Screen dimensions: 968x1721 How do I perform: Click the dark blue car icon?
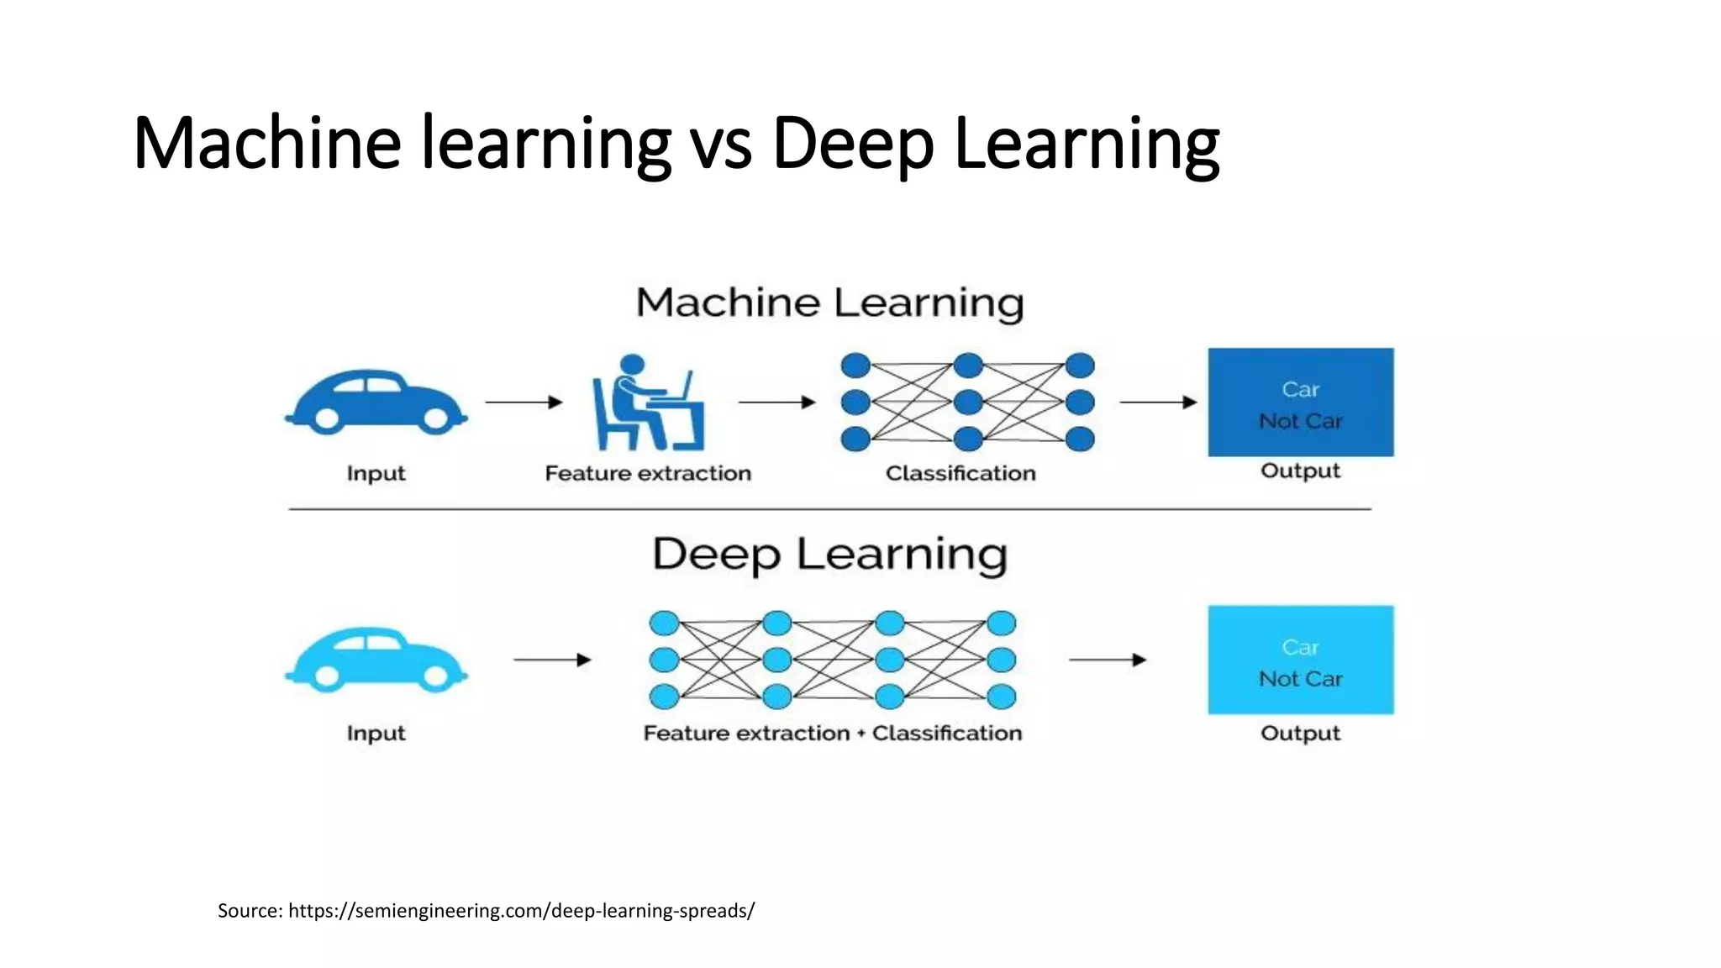click(376, 402)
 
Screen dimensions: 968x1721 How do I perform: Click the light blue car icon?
click(376, 660)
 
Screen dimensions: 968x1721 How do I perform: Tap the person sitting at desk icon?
click(647, 403)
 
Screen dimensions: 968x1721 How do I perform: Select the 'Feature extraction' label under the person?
click(648, 473)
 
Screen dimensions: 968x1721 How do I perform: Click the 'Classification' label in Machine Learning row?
click(960, 473)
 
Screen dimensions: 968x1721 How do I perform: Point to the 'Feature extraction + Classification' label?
click(832, 733)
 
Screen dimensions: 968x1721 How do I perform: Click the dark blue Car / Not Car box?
click(1300, 402)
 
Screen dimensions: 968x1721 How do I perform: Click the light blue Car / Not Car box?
click(1300, 660)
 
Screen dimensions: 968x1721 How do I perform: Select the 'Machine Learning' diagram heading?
click(829, 302)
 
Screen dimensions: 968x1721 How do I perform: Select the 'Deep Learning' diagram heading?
click(829, 555)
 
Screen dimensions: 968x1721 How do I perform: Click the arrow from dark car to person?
click(524, 402)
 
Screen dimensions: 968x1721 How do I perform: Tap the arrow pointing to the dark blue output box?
click(1158, 402)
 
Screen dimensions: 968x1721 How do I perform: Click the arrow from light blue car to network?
click(552, 660)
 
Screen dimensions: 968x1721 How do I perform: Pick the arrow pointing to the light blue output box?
click(1107, 660)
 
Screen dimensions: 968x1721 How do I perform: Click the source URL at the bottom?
click(521, 911)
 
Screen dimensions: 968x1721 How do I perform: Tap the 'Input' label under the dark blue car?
click(376, 473)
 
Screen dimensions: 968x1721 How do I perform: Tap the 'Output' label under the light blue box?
click(1300, 733)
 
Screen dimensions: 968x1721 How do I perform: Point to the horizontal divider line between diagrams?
click(829, 509)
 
